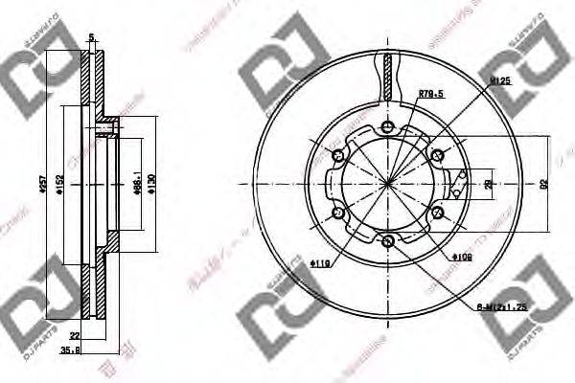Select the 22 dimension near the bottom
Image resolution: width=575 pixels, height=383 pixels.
[75, 334]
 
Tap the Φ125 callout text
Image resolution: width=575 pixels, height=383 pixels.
[498, 83]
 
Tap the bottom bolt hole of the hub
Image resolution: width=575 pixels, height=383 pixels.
[387, 241]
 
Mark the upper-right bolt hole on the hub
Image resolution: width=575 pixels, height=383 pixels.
[437, 155]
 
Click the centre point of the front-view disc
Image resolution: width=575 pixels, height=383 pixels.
[387, 184]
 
